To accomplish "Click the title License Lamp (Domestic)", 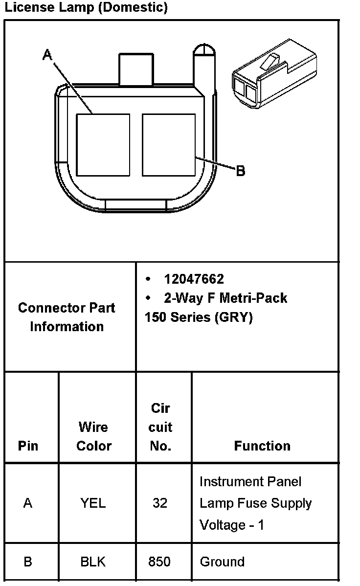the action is click(x=86, y=8).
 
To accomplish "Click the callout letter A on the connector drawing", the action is click(x=47, y=55).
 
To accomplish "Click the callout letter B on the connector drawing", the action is click(x=240, y=171).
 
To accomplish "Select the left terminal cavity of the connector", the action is click(x=103, y=145).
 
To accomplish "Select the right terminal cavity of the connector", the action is click(x=169, y=145).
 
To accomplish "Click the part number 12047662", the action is click(x=194, y=279).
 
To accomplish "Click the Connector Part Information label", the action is click(x=67, y=317).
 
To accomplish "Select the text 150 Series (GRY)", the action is click(x=199, y=317).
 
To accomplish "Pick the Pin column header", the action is click(x=28, y=446).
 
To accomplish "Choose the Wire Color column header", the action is click(x=93, y=436).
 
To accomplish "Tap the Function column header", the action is click(x=262, y=446).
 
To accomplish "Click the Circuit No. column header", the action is click(x=160, y=428).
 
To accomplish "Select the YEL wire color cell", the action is click(x=93, y=503).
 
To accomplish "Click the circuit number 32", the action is click(x=160, y=503).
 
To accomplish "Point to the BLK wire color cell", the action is click(x=93, y=562).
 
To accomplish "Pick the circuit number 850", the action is click(x=160, y=562).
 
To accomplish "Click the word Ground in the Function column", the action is click(x=222, y=562).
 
